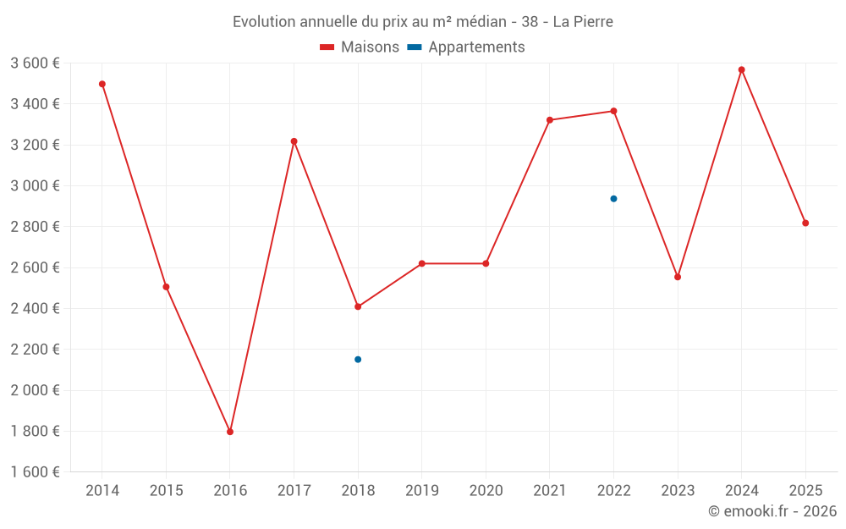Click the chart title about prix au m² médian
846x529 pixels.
[422, 21]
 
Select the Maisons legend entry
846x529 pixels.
[360, 47]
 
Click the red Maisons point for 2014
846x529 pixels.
[102, 84]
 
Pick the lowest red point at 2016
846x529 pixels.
[230, 432]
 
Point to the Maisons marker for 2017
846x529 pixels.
[294, 141]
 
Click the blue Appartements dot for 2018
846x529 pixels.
[358, 360]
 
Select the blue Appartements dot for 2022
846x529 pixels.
[613, 199]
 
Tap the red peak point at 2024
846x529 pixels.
[741, 69]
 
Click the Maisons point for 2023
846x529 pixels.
[678, 277]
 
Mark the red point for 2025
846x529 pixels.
[805, 223]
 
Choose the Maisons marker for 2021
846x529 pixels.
[550, 120]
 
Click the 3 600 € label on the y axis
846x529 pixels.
[35, 63]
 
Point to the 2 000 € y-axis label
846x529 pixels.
[35, 390]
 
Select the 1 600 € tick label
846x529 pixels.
[35, 472]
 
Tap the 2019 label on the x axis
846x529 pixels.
[421, 491]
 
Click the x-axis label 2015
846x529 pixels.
[166, 491]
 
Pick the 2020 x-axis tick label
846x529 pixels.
[486, 491]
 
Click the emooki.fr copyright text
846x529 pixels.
[772, 511]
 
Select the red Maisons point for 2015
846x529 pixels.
[166, 287]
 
